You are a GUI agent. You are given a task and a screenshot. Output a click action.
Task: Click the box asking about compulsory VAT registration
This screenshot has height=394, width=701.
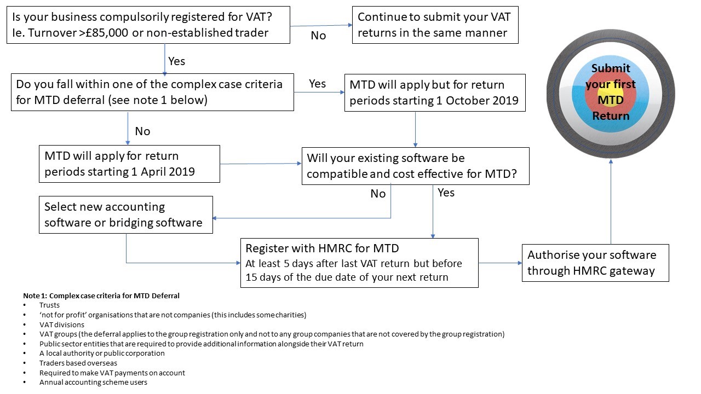coord(147,25)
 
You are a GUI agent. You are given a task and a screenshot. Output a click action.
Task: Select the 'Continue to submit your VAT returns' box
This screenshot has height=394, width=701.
coord(435,25)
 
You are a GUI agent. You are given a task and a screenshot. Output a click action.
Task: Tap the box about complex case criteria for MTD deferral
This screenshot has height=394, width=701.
coord(152,92)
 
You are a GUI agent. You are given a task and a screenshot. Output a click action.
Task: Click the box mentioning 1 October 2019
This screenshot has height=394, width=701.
coord(435,93)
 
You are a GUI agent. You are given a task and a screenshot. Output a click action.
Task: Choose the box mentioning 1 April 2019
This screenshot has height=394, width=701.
coord(129,164)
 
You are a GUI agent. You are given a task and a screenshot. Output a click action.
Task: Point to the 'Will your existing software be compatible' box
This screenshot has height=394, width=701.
coord(415,166)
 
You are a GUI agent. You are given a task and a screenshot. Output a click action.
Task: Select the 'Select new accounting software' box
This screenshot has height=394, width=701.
coord(125,215)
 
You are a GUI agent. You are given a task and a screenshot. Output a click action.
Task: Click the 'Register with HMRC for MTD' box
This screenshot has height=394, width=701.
coord(359,263)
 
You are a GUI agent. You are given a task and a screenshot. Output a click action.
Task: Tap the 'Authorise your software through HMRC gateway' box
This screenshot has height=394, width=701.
coord(595,263)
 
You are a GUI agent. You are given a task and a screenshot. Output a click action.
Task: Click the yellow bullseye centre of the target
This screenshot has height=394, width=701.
coord(611,93)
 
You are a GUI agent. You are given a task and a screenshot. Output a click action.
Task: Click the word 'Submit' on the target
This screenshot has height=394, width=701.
coord(611,68)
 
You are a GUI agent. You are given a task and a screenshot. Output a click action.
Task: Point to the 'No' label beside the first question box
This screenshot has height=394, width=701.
coord(318,36)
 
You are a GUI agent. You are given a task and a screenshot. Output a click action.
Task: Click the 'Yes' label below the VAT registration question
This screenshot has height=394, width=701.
coord(176,61)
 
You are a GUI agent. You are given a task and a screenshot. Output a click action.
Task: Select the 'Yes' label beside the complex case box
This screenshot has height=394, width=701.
coord(317,84)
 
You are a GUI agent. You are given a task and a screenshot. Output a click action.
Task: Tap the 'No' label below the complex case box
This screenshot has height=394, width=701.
coord(142,131)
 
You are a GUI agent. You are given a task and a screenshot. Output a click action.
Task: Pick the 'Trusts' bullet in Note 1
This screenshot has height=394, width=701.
coord(49,305)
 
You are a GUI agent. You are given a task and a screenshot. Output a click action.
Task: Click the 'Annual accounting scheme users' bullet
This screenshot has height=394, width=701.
coord(93,382)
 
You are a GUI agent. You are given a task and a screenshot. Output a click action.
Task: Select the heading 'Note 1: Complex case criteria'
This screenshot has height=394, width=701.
coord(101,296)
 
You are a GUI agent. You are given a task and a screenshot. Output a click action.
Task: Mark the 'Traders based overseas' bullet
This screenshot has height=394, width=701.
coord(78,363)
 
